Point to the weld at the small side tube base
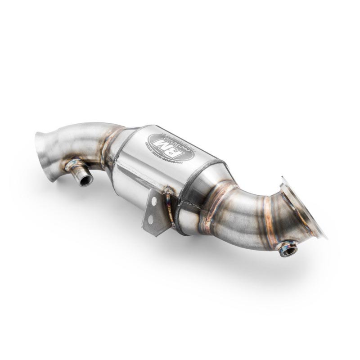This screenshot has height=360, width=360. [x=72, y=165]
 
